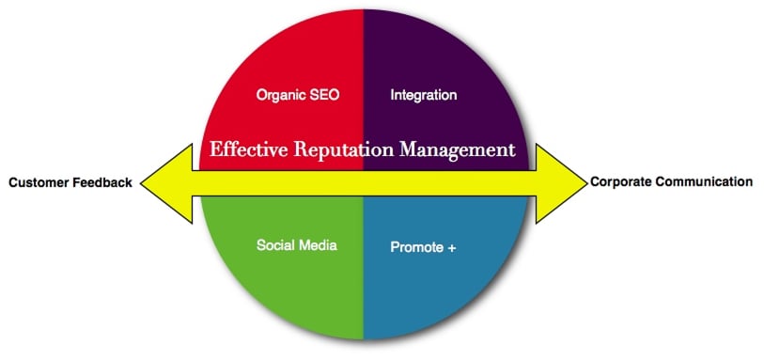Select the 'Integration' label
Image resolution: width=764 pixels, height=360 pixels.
click(x=423, y=95)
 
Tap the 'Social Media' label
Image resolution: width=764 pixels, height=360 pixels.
click(x=296, y=246)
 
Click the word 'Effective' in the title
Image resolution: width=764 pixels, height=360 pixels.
click(x=245, y=149)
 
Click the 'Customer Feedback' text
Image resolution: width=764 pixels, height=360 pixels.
click(x=70, y=182)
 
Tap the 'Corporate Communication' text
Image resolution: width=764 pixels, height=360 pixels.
click(x=671, y=181)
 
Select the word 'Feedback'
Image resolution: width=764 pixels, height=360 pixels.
click(x=103, y=182)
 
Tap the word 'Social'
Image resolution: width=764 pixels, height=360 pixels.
click(x=275, y=246)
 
